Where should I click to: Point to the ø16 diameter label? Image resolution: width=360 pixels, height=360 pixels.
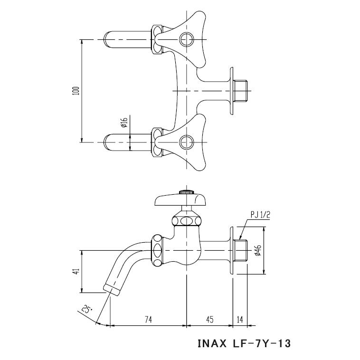tap(123, 124)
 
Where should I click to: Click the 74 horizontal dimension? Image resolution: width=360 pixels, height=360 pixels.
tap(149, 320)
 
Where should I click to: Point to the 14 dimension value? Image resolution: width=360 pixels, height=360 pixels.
tap(240, 320)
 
